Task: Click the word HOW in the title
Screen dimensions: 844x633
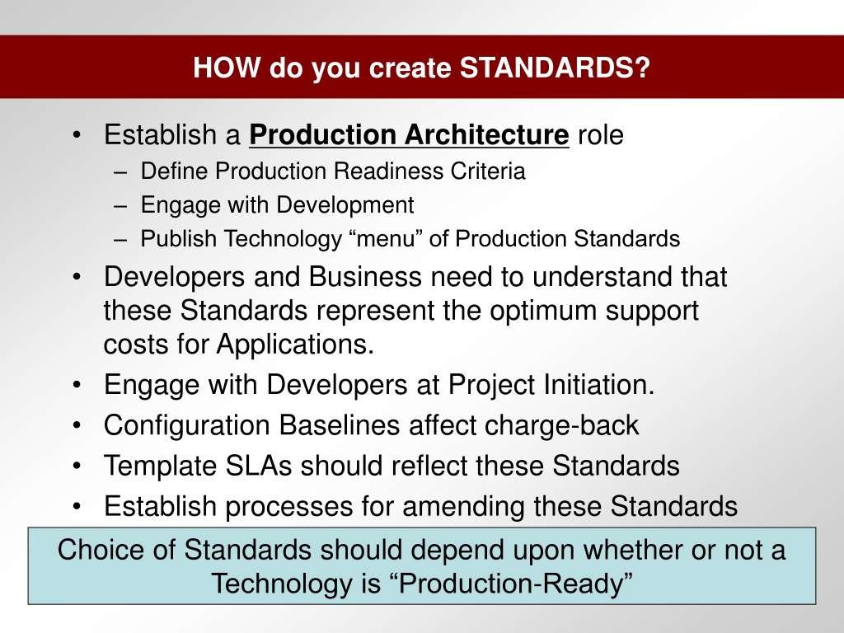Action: pyautogui.click(x=227, y=68)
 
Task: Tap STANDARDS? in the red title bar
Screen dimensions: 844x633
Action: pyautogui.click(x=555, y=68)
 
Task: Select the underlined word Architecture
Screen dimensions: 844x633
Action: pyautogui.click(x=487, y=134)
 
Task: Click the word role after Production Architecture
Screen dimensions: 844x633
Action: pyautogui.click(x=601, y=135)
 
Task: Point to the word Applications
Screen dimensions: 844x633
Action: pyautogui.click(x=295, y=345)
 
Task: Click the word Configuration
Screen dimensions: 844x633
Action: pyautogui.click(x=187, y=426)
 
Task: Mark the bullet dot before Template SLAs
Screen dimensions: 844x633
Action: pyautogui.click(x=77, y=466)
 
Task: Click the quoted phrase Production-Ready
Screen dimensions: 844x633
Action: pyautogui.click(x=516, y=584)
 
